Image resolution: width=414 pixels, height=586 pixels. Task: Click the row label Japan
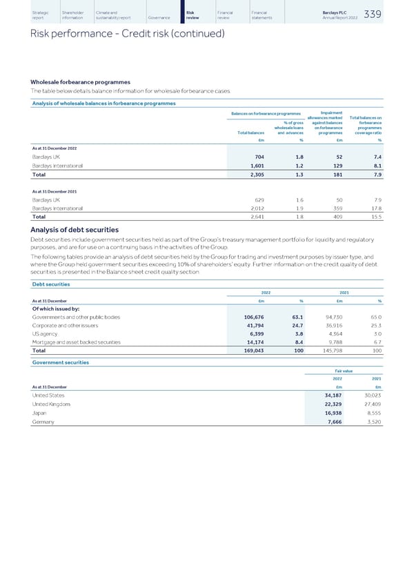pyautogui.click(x=39, y=412)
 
